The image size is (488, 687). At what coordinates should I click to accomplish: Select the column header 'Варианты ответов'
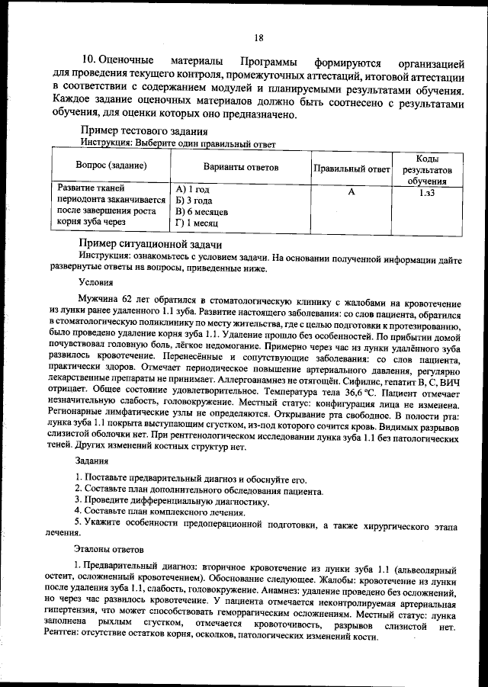[x=240, y=167]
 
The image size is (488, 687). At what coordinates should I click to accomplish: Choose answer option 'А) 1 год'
[x=192, y=189]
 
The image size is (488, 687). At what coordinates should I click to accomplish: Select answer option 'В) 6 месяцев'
[x=204, y=211]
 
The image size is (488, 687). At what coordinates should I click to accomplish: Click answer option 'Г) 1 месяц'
[x=197, y=223]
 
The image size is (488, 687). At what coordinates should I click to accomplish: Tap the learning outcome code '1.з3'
[x=427, y=194]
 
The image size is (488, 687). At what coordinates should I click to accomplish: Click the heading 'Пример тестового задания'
[x=143, y=131]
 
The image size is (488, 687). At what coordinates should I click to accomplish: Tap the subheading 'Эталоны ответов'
[x=108, y=547]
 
